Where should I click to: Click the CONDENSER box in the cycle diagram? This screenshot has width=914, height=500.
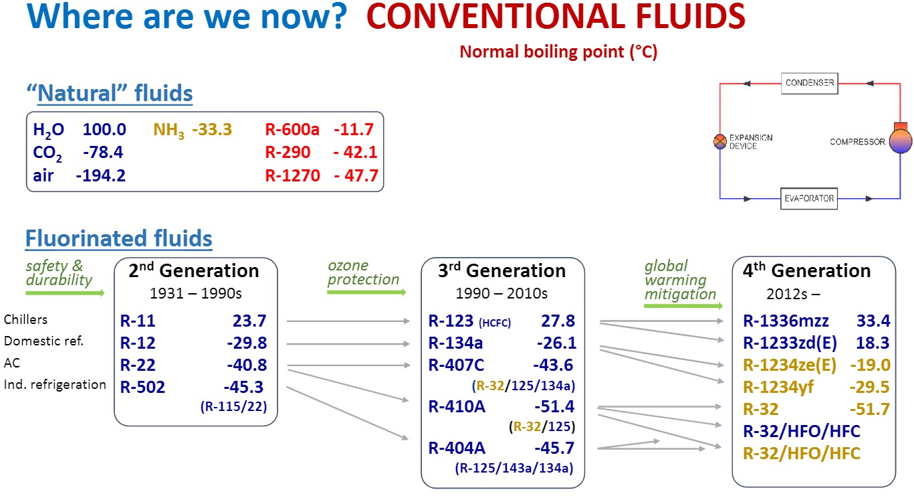tap(810, 83)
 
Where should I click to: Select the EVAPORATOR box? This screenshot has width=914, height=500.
tap(809, 199)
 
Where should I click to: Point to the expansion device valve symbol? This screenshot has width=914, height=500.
tap(720, 141)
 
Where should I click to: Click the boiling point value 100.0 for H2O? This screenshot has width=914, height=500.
tap(104, 129)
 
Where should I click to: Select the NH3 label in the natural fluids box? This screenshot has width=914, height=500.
tap(168, 131)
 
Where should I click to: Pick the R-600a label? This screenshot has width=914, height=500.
tap(292, 129)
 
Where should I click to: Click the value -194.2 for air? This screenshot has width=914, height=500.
tap(101, 175)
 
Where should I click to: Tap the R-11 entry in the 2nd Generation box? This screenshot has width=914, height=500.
tap(138, 321)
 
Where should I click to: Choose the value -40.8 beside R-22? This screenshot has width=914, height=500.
tap(247, 365)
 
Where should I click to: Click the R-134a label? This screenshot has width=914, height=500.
tap(455, 343)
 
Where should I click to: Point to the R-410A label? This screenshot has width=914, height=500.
tap(457, 407)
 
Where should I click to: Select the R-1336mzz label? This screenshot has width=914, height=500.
tap(786, 321)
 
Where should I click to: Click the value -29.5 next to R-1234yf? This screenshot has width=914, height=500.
tap(869, 387)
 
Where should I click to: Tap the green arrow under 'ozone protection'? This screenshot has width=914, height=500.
tap(366, 292)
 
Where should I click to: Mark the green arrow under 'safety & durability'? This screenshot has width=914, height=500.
tap(65, 293)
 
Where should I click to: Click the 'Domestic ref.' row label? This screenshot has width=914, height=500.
tap(43, 341)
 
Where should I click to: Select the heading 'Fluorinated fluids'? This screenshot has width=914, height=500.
tap(119, 238)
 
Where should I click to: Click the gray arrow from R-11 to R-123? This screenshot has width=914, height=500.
tap(348, 321)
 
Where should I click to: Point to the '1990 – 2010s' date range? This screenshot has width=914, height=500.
tap(501, 293)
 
